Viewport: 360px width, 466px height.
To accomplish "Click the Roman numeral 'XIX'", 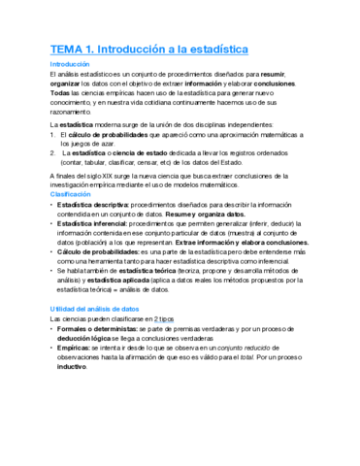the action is pos(109,175).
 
